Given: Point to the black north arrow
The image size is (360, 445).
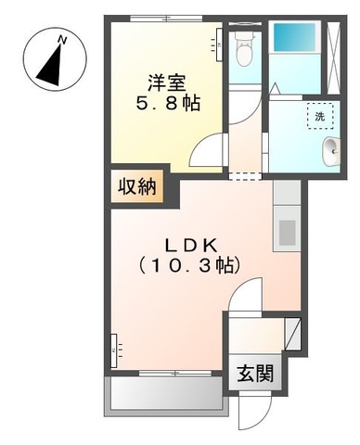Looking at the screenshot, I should coord(49,62).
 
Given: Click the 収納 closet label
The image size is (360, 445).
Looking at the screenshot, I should coord(136,186).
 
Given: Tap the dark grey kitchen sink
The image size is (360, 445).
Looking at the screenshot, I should coord(286,231).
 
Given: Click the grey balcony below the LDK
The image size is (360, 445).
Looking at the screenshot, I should coord(167,395).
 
